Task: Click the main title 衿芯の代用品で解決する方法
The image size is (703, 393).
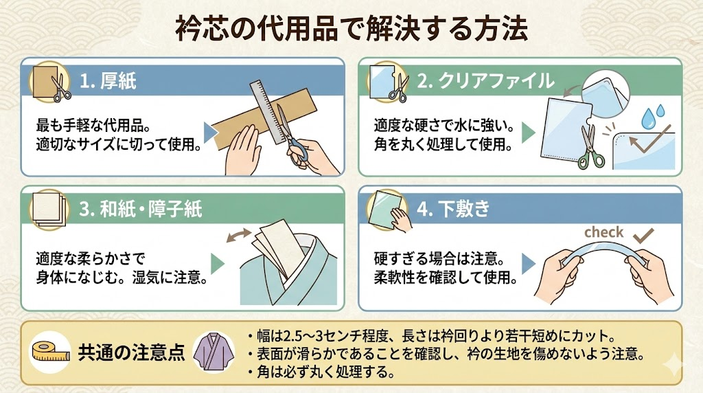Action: point(351,30)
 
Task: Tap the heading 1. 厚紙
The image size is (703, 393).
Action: point(108,81)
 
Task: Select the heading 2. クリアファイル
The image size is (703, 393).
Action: point(485,81)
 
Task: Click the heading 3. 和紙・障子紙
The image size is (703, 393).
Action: point(140,209)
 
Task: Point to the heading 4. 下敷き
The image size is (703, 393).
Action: point(453,209)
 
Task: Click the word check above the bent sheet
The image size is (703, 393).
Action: point(603,232)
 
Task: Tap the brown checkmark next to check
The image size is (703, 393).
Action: point(643,235)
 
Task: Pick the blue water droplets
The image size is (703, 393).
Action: point(652,117)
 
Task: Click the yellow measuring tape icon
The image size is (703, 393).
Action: point(51,351)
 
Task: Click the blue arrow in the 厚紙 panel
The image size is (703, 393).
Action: point(211,133)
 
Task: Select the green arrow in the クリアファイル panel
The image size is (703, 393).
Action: point(529,133)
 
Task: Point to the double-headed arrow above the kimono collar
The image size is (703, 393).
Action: point(239,235)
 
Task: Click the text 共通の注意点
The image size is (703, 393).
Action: point(131,352)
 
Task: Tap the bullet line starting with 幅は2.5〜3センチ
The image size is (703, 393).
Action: point(431,335)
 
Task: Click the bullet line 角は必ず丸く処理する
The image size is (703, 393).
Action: point(321,372)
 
